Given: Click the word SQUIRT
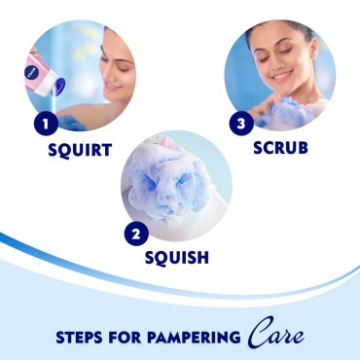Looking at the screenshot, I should pos(80,151).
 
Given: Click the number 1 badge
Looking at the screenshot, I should pos(42,125).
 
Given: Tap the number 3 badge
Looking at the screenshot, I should pos(242,125).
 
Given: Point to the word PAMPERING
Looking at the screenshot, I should pos(192,339).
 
